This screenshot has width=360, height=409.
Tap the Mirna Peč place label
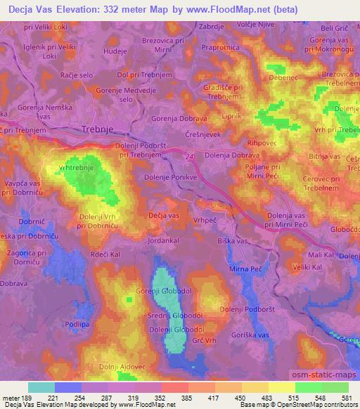pos(245,268)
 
